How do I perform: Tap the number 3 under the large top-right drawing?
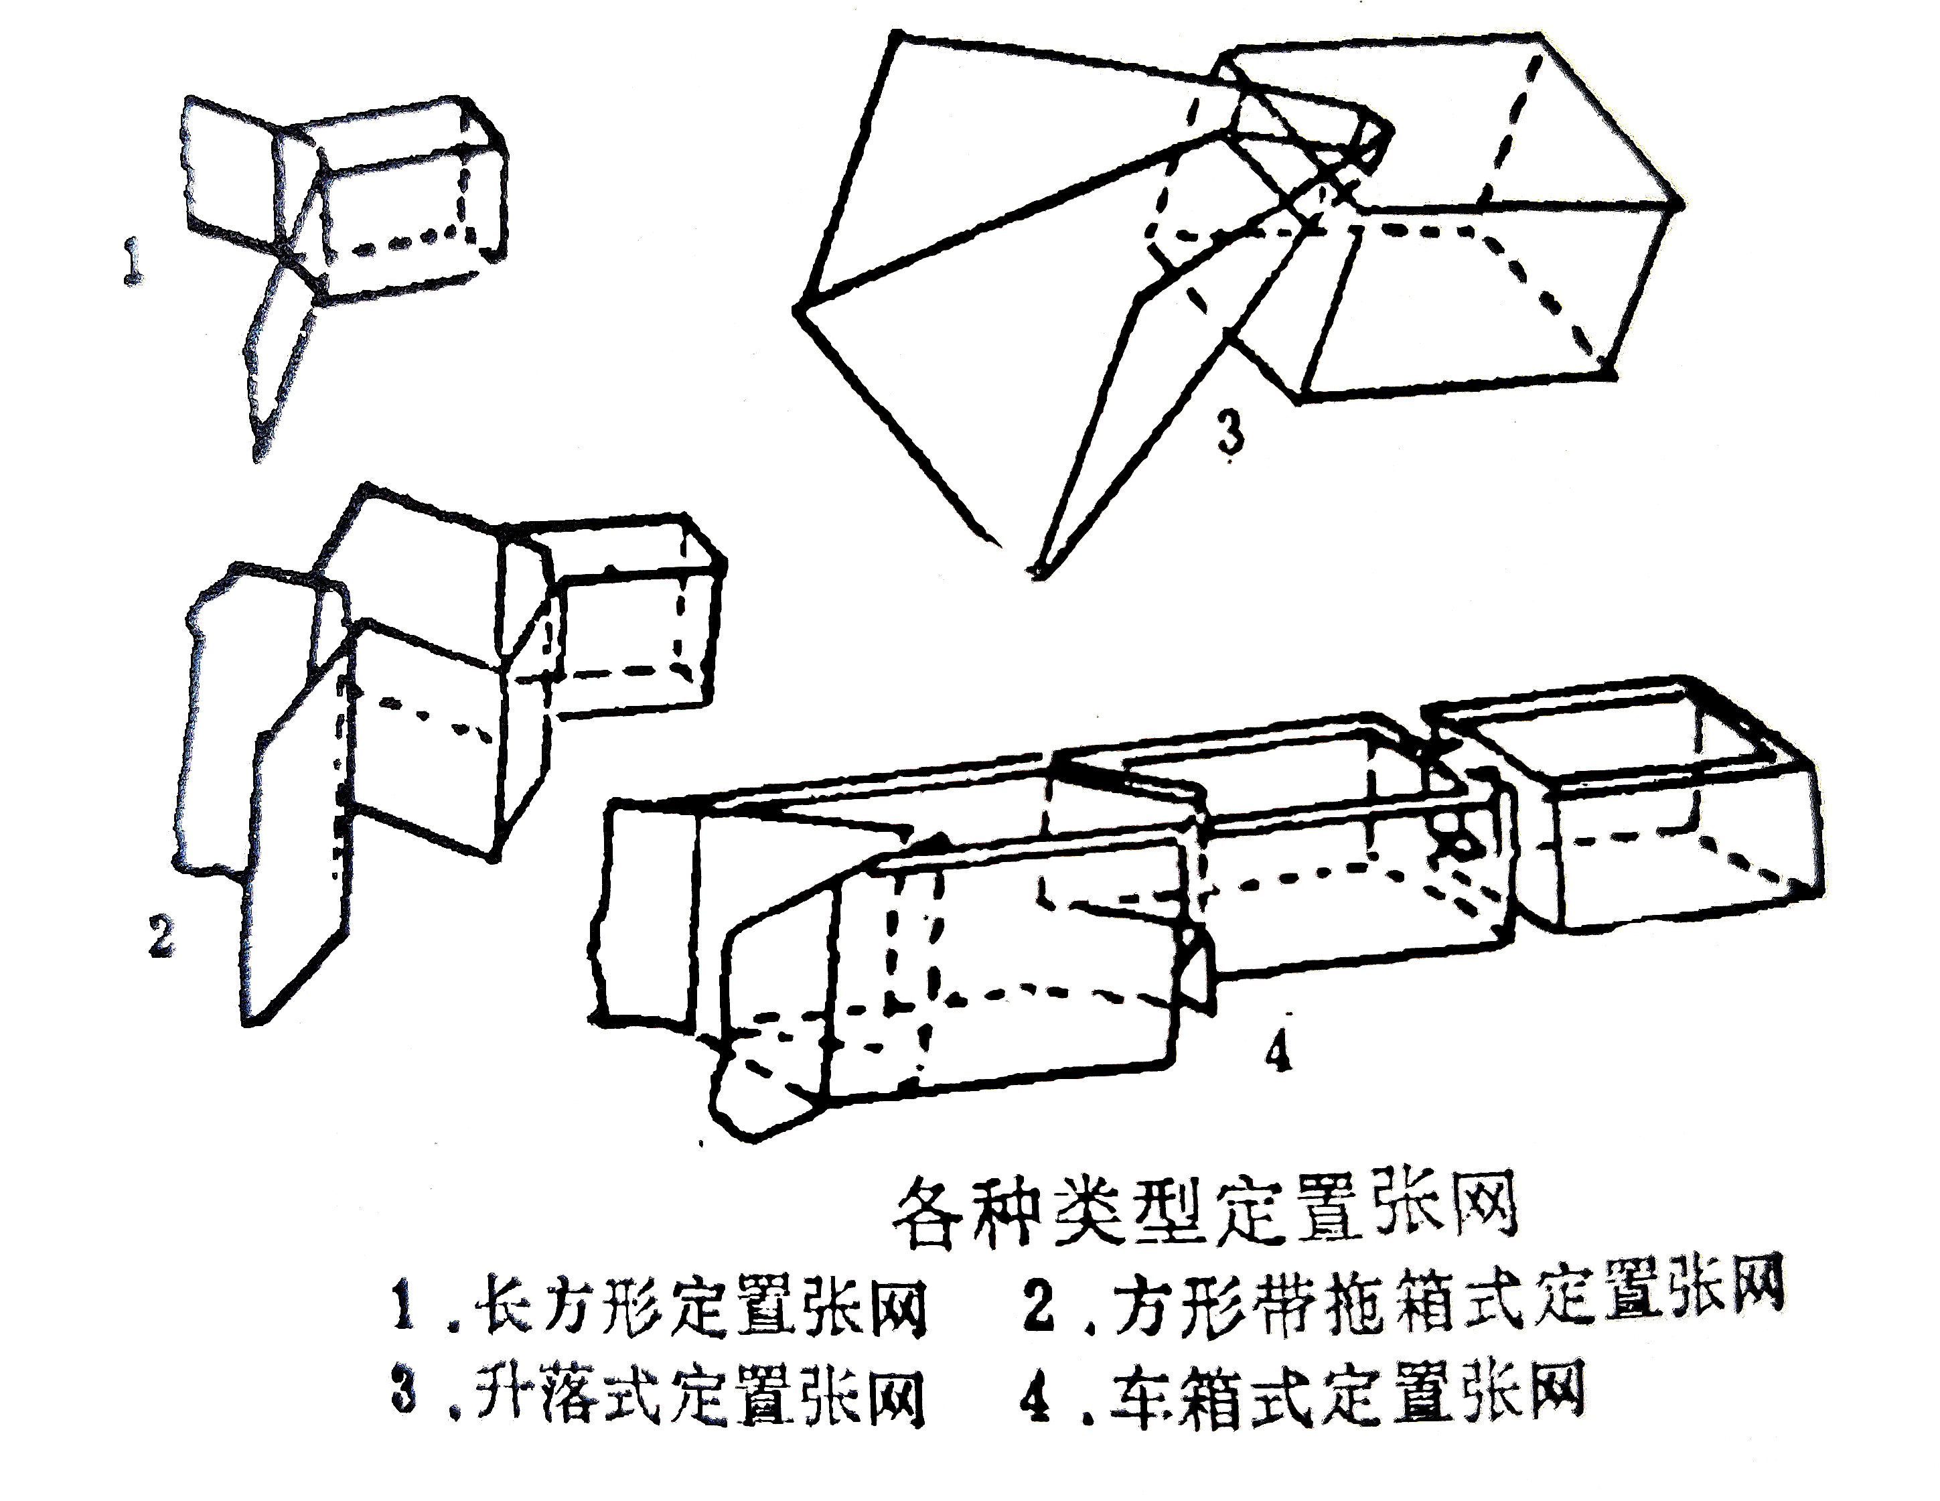(1229, 435)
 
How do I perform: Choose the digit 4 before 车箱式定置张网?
(1035, 1400)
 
